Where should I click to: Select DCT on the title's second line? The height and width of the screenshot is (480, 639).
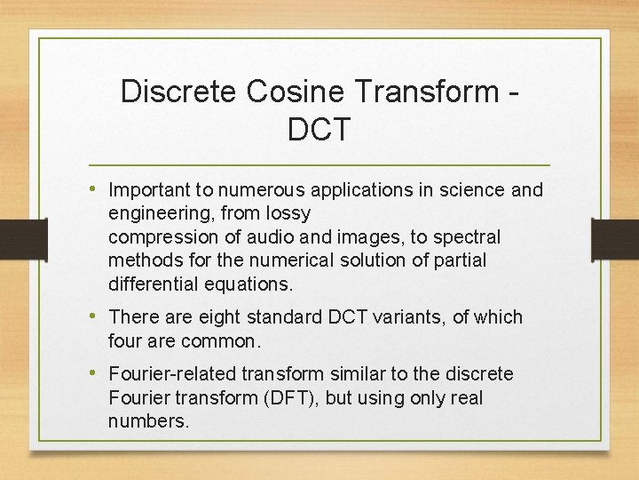point(319,130)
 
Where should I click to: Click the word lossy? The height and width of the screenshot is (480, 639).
point(288,214)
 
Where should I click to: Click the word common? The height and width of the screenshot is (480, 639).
point(217,340)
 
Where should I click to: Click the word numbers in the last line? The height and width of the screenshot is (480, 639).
point(149,421)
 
